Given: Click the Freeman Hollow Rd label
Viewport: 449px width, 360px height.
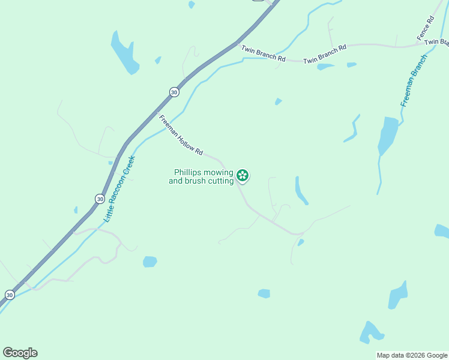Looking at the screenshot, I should point(181,135).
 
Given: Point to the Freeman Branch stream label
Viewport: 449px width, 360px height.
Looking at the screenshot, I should point(414,81).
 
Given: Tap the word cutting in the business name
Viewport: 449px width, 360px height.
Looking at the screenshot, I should point(217,181).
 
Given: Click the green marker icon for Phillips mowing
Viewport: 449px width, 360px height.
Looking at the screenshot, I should point(243,175).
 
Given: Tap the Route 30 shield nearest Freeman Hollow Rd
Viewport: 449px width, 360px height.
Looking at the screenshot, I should point(173,92).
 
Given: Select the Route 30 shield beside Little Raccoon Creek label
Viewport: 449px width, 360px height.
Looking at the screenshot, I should point(100,199).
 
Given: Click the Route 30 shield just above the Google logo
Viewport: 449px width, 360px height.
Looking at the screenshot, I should point(10,295).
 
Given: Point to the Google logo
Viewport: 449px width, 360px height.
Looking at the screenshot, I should point(20,353).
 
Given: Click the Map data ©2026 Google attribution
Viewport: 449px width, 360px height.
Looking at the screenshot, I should point(412,355).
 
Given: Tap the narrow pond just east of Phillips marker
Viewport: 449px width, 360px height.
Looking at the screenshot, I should point(301,190).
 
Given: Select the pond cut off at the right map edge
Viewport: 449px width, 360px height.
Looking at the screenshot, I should point(442,231).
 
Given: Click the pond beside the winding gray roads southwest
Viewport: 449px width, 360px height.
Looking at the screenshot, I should point(149,262).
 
